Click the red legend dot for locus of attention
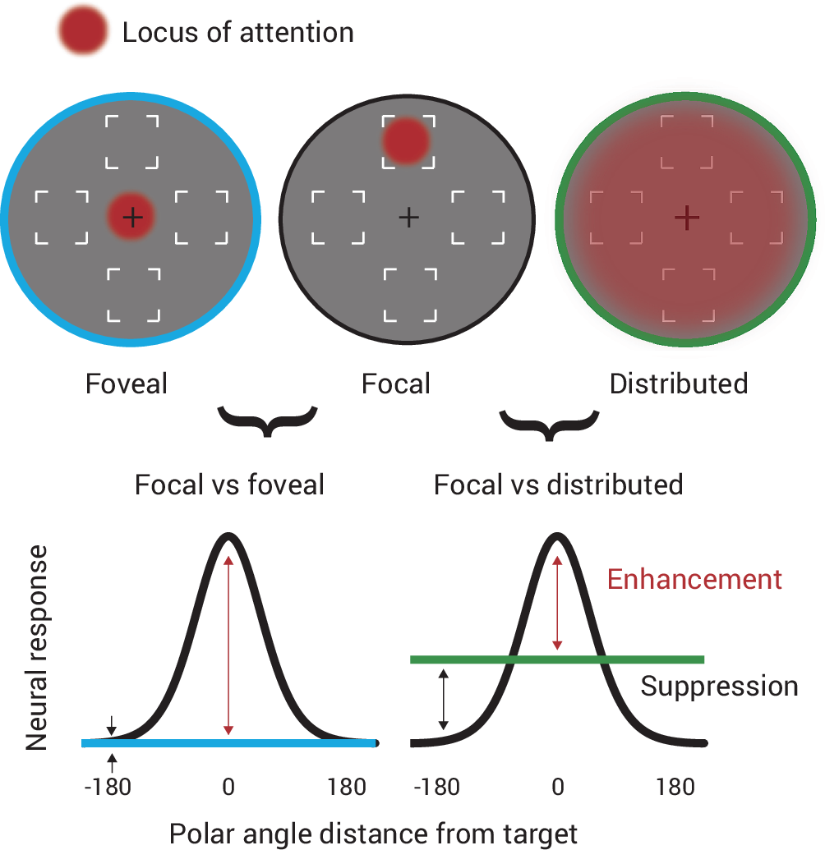tap(82, 33)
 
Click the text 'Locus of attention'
tap(237, 33)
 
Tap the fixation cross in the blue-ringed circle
tap(131, 217)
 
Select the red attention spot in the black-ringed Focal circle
tap(406, 140)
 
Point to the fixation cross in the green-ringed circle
tap(686, 217)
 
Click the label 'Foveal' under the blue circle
tap(127, 384)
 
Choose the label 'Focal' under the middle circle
tap(396, 384)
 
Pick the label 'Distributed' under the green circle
tap(679, 384)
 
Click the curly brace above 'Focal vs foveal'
tap(266, 421)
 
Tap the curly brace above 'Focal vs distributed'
tap(549, 421)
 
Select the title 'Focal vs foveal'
tap(229, 485)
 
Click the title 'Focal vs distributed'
tap(559, 485)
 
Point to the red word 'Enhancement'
tap(694, 579)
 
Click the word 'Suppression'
tap(719, 686)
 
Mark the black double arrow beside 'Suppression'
tap(444, 700)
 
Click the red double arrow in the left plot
tap(228, 646)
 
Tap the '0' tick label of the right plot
tap(558, 787)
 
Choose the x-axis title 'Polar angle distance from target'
tap(374, 833)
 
